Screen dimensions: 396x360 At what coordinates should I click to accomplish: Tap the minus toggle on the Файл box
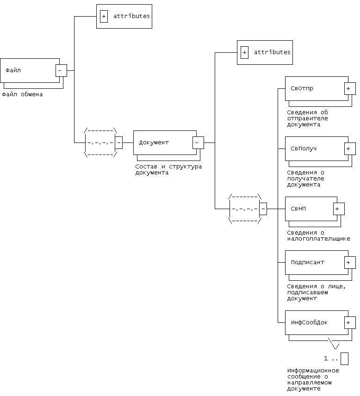point(61,70)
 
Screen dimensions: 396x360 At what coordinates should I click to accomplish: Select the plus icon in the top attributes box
point(104,16)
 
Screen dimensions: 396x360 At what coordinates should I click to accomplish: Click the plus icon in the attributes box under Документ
point(244,52)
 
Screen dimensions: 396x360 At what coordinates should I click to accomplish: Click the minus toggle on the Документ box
point(198,142)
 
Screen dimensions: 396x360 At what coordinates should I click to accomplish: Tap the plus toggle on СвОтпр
point(350,88)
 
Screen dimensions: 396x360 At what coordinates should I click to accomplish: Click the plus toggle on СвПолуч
point(350,148)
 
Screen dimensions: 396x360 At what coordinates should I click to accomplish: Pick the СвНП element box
point(308,209)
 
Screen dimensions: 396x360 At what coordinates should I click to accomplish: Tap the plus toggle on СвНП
point(339,209)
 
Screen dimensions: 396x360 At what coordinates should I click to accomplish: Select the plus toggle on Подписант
point(350,262)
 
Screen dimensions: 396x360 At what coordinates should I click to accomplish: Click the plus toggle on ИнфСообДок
point(350,322)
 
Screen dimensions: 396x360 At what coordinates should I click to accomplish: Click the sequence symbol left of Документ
point(100,143)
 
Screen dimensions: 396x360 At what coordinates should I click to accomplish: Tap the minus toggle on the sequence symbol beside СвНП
point(263,209)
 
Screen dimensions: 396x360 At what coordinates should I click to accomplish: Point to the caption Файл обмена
point(22,94)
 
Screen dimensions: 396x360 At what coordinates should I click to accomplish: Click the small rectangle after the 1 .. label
point(344,359)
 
